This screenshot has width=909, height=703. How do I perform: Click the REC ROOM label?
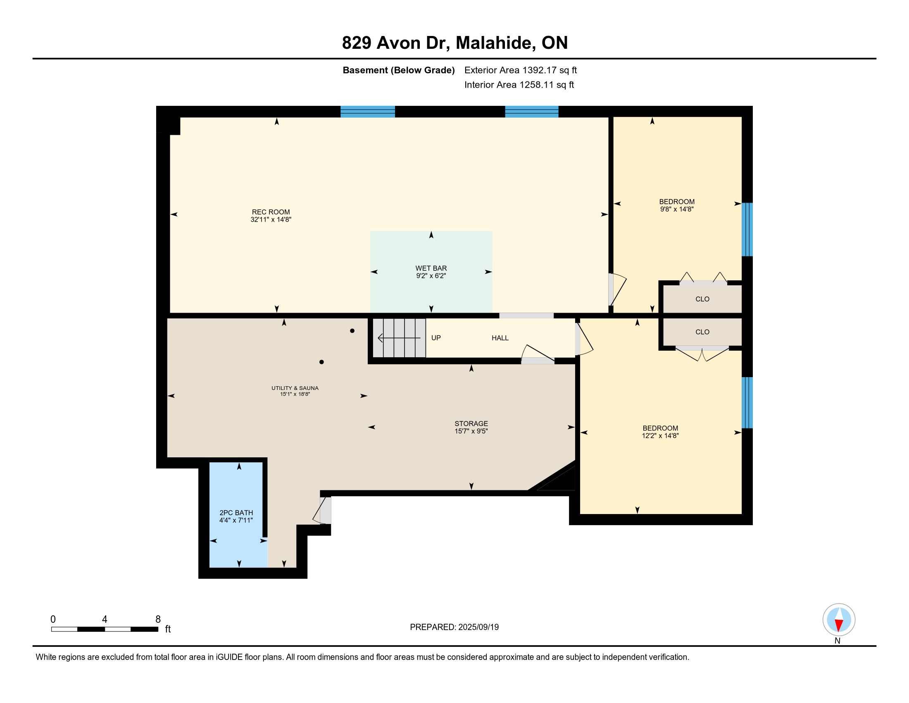tap(271, 212)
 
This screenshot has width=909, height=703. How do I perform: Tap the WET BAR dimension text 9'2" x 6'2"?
tap(431, 276)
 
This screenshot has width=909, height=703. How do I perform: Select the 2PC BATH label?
tap(236, 513)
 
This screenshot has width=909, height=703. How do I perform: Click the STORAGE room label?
tap(471, 423)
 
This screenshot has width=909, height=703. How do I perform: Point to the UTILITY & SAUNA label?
tap(295, 388)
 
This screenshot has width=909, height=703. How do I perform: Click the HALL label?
tap(500, 338)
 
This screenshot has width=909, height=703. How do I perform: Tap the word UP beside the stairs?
tap(436, 338)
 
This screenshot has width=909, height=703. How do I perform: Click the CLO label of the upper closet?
tap(702, 299)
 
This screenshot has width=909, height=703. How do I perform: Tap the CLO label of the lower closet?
tap(702, 332)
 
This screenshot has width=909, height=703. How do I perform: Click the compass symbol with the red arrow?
tap(839, 620)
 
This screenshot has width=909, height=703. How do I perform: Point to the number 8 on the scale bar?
tap(158, 619)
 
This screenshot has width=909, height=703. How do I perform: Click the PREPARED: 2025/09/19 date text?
tap(454, 627)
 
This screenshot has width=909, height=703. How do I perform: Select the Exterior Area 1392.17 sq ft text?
tap(521, 70)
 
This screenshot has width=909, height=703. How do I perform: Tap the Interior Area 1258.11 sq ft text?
tap(519, 84)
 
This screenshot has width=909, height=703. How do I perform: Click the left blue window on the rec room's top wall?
tap(367, 112)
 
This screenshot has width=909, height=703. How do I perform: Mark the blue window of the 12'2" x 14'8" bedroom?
tap(747, 402)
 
